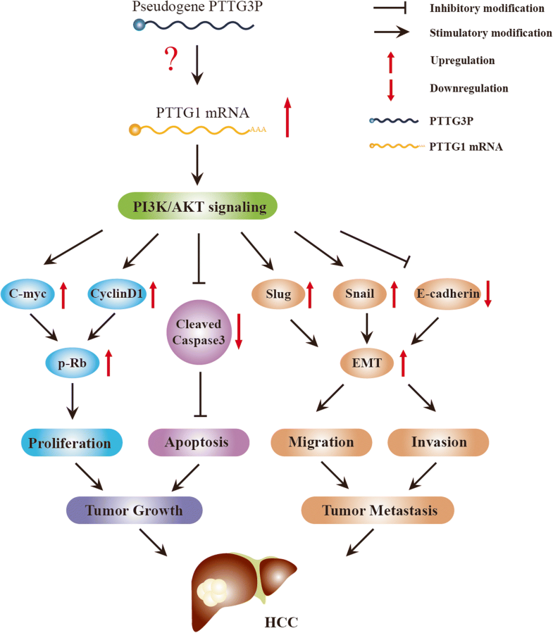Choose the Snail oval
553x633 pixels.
point(358,294)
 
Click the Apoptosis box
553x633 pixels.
point(198,443)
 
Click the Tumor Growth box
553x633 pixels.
point(135,510)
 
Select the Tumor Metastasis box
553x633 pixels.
point(376,510)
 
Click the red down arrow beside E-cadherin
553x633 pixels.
point(487,294)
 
